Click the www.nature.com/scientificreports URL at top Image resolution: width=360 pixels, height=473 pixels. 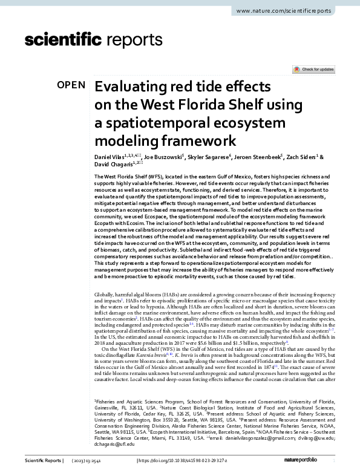click(x=292, y=11)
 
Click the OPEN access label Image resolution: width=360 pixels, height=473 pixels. click(x=71, y=85)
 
